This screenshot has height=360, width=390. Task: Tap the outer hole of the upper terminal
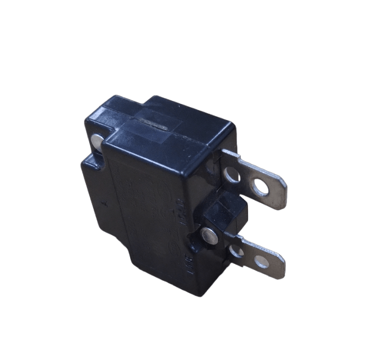point(260,188)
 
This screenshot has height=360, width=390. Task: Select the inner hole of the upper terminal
point(232,176)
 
